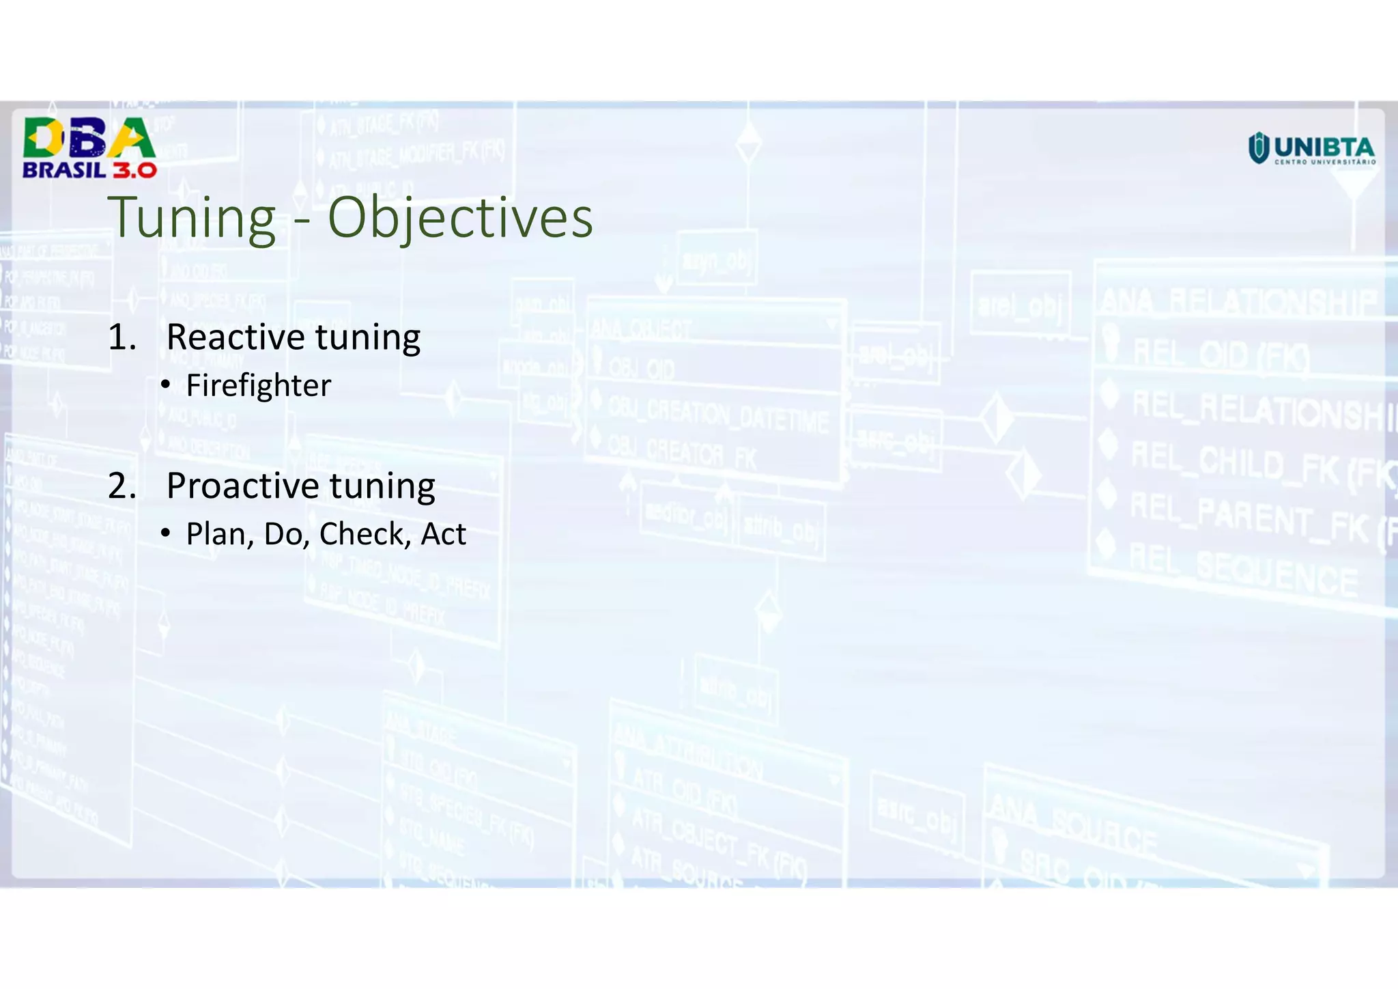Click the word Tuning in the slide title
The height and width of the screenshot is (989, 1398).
point(192,218)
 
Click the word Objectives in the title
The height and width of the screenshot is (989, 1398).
point(460,218)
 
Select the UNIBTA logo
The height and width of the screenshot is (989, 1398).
point(1311,148)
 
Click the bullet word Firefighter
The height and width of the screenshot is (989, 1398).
point(258,386)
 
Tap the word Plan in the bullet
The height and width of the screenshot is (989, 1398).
point(215,534)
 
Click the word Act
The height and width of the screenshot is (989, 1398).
point(443,534)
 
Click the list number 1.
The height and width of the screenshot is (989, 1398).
point(121,337)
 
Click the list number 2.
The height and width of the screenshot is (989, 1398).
point(122,486)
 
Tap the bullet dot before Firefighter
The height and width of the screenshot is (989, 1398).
point(166,386)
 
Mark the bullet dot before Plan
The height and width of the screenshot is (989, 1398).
point(166,533)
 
